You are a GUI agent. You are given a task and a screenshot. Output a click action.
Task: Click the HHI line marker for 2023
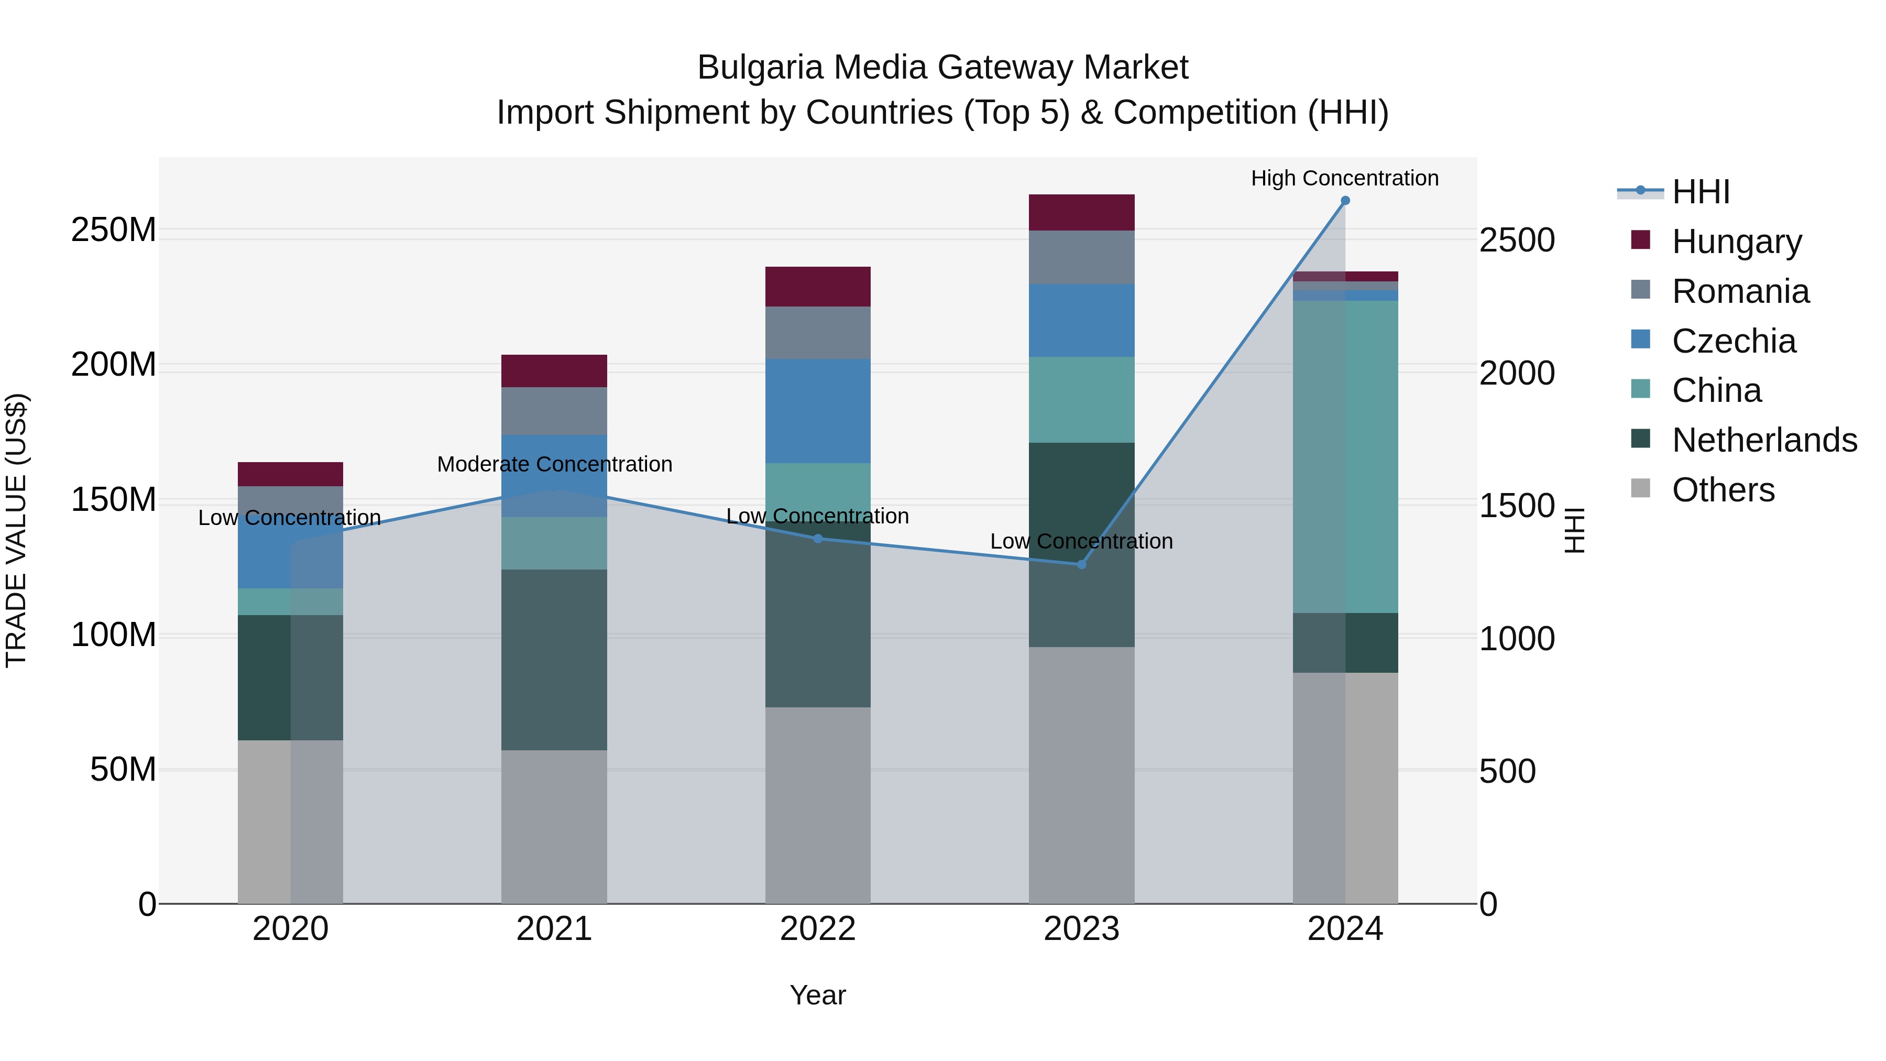1081,564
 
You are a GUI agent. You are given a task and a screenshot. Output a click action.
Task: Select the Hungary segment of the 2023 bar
1081,212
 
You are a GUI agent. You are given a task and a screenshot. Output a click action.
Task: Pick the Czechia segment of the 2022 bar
818,411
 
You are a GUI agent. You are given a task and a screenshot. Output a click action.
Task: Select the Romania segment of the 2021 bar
554,411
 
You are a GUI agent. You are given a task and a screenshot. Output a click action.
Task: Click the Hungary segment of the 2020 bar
291,474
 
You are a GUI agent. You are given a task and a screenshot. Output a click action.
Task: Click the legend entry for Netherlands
1764,440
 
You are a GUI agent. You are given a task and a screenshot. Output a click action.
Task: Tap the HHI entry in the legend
1700,192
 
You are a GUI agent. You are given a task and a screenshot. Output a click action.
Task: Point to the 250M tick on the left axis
114,230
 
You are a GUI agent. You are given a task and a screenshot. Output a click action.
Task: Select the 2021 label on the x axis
554,929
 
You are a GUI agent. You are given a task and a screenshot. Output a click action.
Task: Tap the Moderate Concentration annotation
554,464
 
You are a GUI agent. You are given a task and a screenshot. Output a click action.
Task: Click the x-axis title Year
818,995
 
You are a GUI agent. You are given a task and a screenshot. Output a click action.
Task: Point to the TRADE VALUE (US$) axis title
16,530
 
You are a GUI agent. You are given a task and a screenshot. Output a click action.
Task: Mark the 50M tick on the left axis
123,770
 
